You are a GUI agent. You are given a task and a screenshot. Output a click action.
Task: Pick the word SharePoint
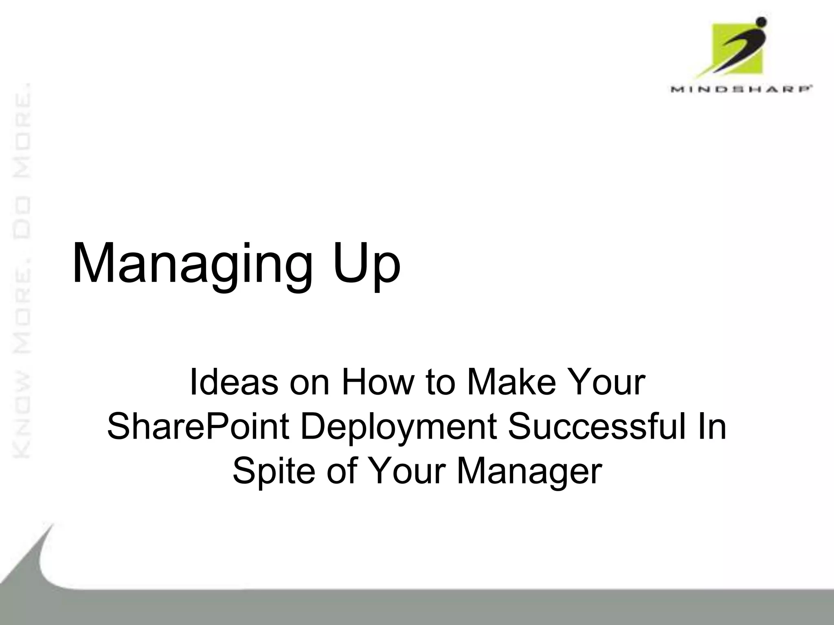[198, 427]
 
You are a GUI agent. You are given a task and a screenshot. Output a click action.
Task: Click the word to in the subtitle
[439, 382]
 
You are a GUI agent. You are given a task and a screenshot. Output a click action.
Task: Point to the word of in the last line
[342, 471]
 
